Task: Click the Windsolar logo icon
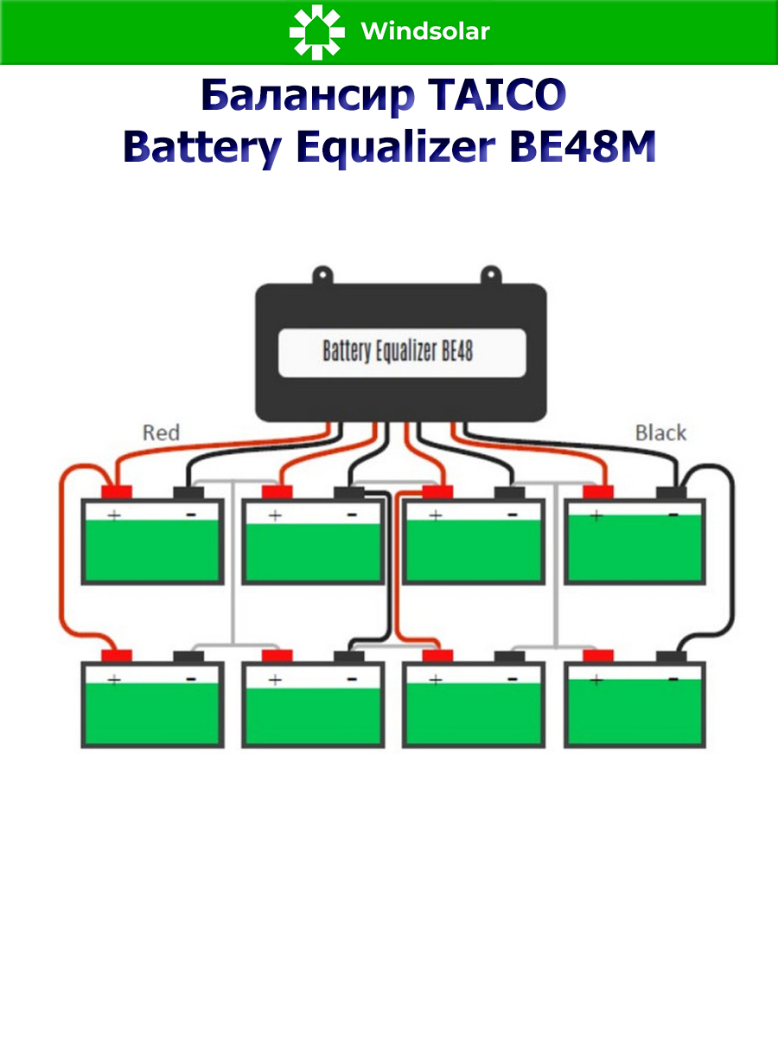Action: tap(316, 32)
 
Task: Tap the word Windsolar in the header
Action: tap(425, 32)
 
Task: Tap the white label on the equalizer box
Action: tap(402, 352)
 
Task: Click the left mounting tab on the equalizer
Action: tap(322, 276)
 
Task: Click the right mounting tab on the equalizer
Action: tap(488, 276)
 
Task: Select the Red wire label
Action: tap(161, 432)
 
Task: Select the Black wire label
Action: tap(660, 432)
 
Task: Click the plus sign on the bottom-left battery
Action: tap(113, 680)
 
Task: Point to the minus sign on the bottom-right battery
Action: tap(673, 680)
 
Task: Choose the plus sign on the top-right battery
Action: tap(596, 516)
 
